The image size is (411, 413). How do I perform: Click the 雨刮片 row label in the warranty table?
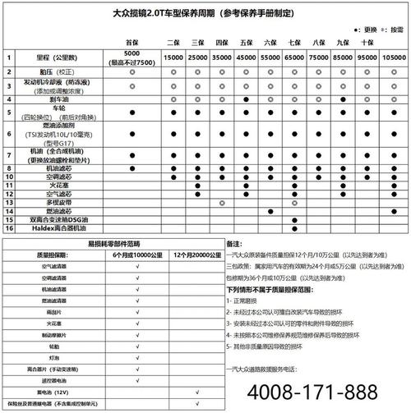click(x=56, y=313)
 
